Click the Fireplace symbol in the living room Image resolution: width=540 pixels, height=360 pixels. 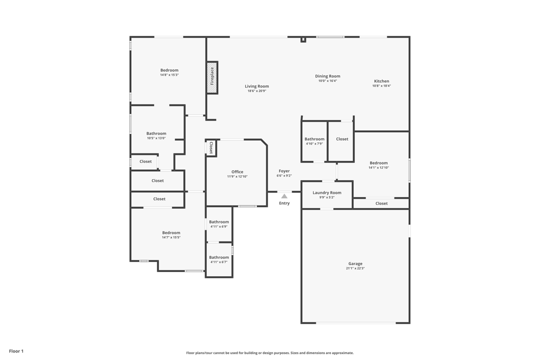pyautogui.click(x=212, y=77)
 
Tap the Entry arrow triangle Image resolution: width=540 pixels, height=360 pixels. pyautogui.click(x=284, y=196)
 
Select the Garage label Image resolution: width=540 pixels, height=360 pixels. pyautogui.click(x=355, y=264)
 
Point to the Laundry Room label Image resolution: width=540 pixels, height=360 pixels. pyautogui.click(x=327, y=192)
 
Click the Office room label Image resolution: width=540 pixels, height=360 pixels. pyautogui.click(x=237, y=172)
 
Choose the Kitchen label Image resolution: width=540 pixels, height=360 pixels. pyautogui.click(x=381, y=81)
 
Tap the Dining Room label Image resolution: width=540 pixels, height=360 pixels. pyautogui.click(x=327, y=76)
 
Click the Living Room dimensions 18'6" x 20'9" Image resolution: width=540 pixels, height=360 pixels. pyautogui.click(x=257, y=91)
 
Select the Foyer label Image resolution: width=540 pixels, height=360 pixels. pyautogui.click(x=284, y=171)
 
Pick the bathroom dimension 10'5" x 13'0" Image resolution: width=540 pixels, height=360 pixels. pyautogui.click(x=156, y=138)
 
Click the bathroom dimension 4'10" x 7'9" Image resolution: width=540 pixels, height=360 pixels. pyautogui.click(x=314, y=143)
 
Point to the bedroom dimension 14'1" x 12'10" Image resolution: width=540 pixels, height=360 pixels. pyautogui.click(x=379, y=168)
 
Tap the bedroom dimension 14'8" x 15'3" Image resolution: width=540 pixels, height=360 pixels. pyautogui.click(x=169, y=75)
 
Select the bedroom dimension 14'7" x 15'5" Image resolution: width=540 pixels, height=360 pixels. pyautogui.click(x=171, y=237)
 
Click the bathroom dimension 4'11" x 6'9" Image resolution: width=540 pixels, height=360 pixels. pyautogui.click(x=219, y=227)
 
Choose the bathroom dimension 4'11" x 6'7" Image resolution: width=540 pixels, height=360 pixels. pyautogui.click(x=219, y=262)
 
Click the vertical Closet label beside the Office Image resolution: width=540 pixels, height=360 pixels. pyautogui.click(x=211, y=148)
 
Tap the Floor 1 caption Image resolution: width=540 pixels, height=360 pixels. pyautogui.click(x=16, y=351)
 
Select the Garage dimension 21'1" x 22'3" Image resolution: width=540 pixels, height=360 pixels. pyautogui.click(x=355, y=268)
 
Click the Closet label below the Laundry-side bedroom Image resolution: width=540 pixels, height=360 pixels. pyautogui.click(x=381, y=203)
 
